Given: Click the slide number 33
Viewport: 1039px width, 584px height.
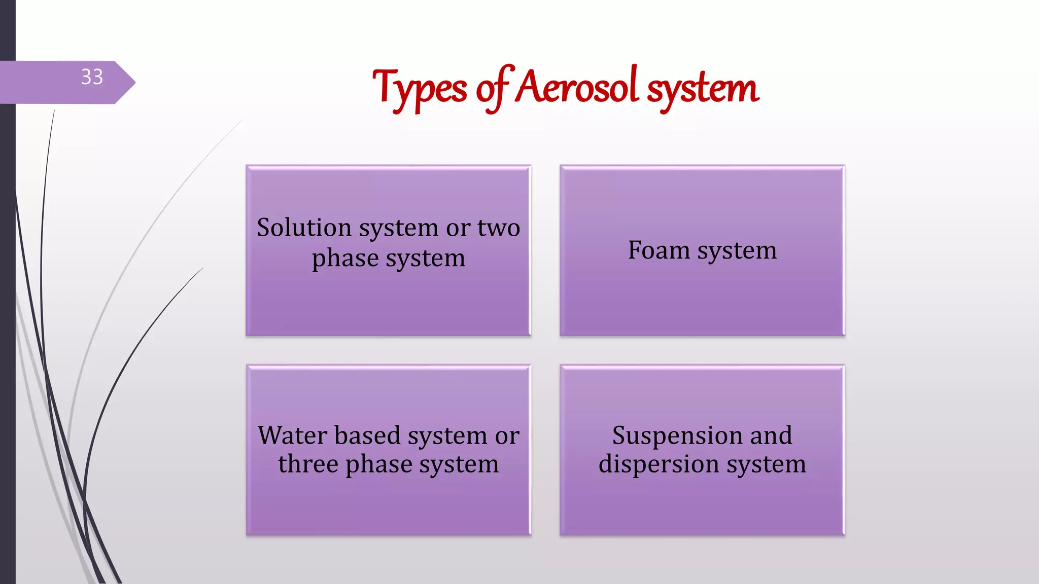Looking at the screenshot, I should [x=92, y=77].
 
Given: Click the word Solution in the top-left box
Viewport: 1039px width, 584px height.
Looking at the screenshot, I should [x=304, y=228].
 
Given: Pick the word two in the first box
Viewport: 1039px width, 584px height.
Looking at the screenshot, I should [x=499, y=228].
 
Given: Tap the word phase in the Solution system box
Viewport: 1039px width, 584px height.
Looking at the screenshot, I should [x=345, y=259].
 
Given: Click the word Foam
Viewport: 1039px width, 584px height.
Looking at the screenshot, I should [x=659, y=250].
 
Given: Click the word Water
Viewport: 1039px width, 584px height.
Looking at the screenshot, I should [x=292, y=435].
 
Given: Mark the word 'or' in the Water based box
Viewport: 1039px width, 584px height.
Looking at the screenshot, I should [x=507, y=436].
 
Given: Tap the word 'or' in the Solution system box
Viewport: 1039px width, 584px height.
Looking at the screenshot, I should [x=458, y=228].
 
